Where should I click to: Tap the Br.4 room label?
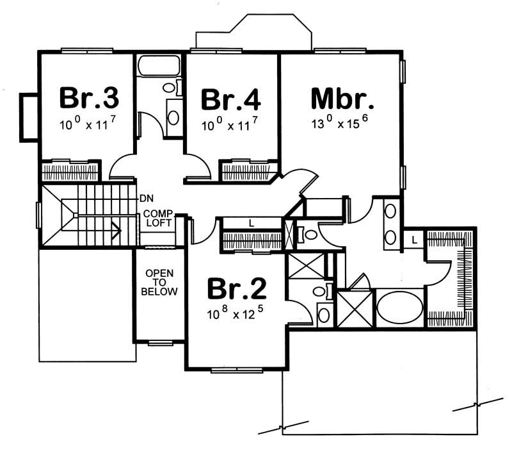(x=231, y=100)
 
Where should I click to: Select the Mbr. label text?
(x=342, y=99)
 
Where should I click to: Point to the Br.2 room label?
(x=237, y=290)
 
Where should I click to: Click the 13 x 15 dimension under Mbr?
(x=342, y=124)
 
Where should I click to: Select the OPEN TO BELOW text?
(x=159, y=283)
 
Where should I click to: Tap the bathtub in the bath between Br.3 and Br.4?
(x=159, y=67)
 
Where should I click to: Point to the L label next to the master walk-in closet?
(x=415, y=239)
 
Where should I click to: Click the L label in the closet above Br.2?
(x=252, y=223)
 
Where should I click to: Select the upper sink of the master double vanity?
(x=390, y=211)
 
